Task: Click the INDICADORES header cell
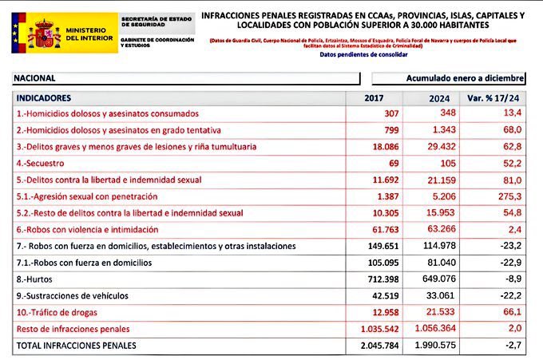coord(45,97)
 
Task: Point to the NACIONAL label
coord(36,78)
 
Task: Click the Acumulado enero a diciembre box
coord(449,78)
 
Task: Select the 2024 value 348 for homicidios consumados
coord(448,113)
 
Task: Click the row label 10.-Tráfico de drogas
coord(61,312)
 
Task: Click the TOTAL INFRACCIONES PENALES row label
coord(77,346)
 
